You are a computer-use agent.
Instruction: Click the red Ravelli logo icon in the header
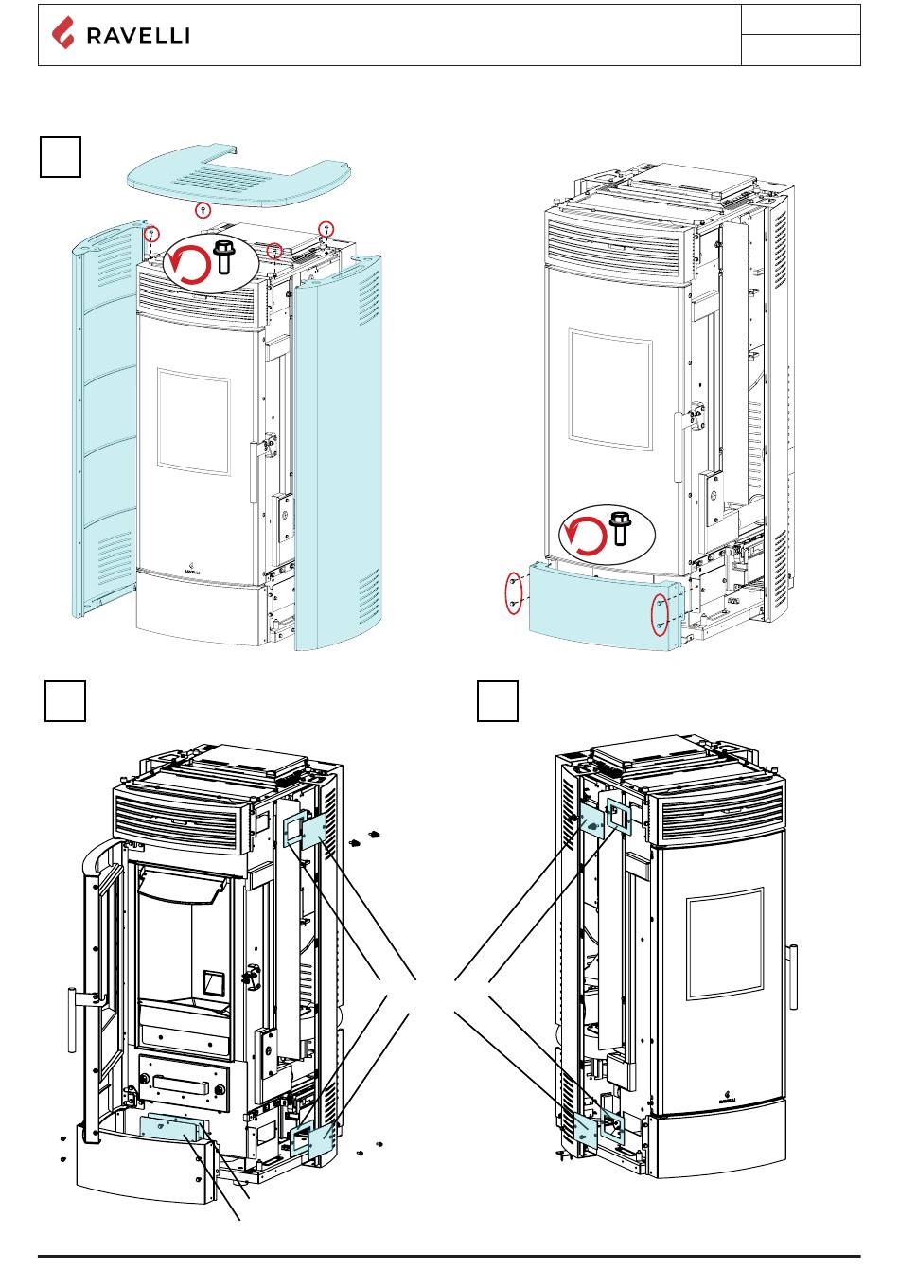click(62, 34)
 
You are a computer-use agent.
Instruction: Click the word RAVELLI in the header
click(138, 36)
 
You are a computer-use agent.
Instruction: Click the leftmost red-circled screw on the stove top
click(151, 232)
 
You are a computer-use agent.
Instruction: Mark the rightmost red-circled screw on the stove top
click(326, 227)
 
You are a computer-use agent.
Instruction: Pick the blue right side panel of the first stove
click(339, 454)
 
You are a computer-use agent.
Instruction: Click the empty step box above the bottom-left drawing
click(65, 701)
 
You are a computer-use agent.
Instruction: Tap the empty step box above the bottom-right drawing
click(497, 701)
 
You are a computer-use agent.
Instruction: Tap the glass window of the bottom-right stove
click(725, 943)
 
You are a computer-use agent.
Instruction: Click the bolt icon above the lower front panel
click(620, 527)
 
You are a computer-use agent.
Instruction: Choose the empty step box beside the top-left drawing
click(61, 156)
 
